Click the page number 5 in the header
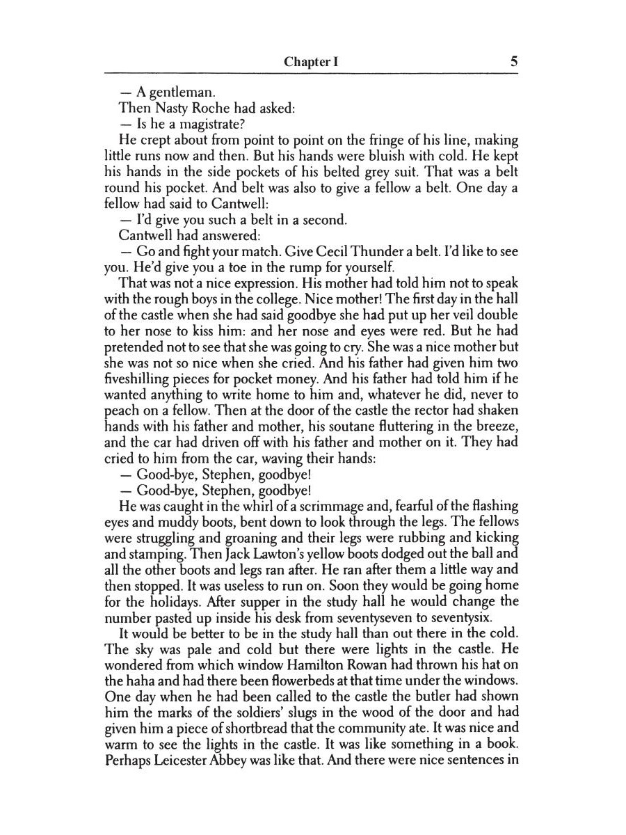513,61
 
